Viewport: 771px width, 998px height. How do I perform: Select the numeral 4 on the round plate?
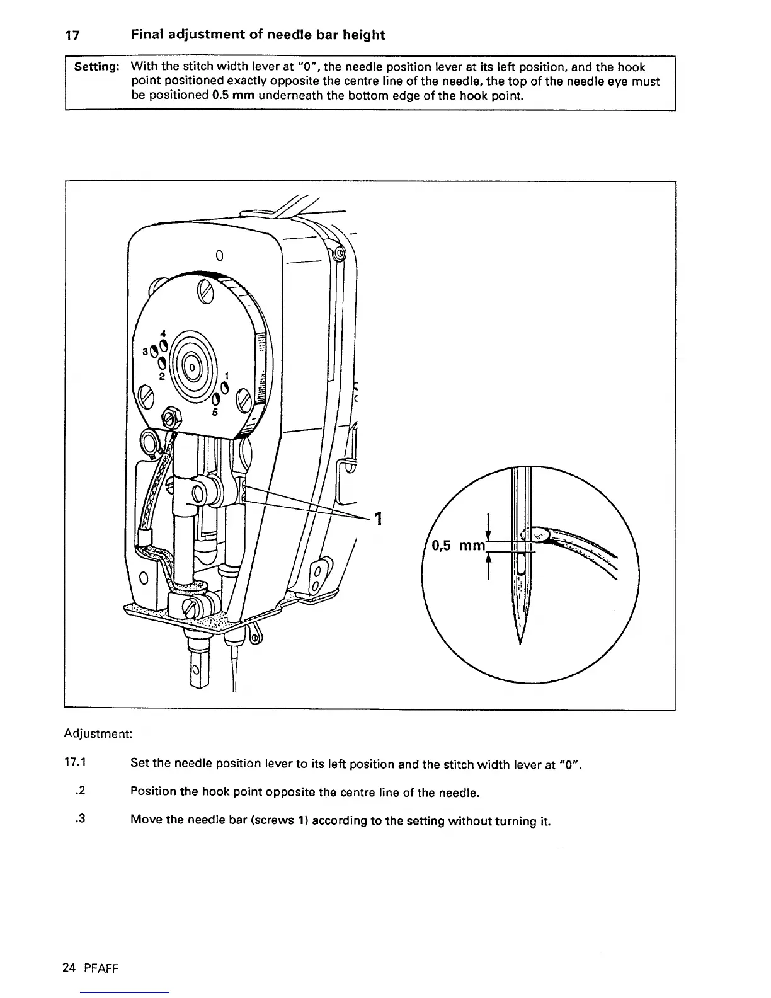pyautogui.click(x=163, y=333)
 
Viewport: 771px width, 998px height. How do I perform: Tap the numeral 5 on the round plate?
pyautogui.click(x=214, y=413)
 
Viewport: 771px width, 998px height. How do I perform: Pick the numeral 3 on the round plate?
pyautogui.click(x=146, y=352)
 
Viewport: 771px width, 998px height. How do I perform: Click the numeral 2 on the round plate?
pyautogui.click(x=162, y=376)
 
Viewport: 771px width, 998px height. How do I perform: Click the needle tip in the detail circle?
pyautogui.click(x=520, y=641)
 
